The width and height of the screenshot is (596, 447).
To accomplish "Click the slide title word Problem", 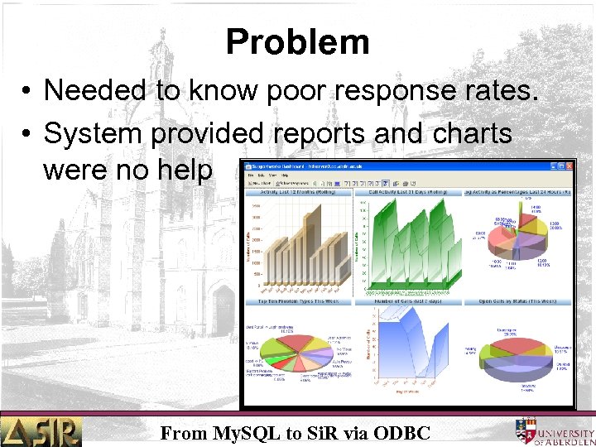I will pyautogui.click(x=297, y=41).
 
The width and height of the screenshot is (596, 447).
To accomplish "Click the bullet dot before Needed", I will pyautogui.click(x=28, y=92).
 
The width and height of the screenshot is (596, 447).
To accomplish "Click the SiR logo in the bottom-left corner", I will pyautogui.click(x=41, y=430).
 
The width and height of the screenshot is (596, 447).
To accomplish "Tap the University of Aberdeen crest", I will pyautogui.click(x=525, y=430).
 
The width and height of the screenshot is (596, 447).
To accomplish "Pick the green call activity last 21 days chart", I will pyautogui.click(x=410, y=244).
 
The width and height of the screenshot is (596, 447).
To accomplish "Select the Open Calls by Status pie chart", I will pyautogui.click(x=520, y=352).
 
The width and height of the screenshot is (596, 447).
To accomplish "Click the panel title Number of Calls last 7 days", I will pyautogui.click(x=410, y=301).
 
